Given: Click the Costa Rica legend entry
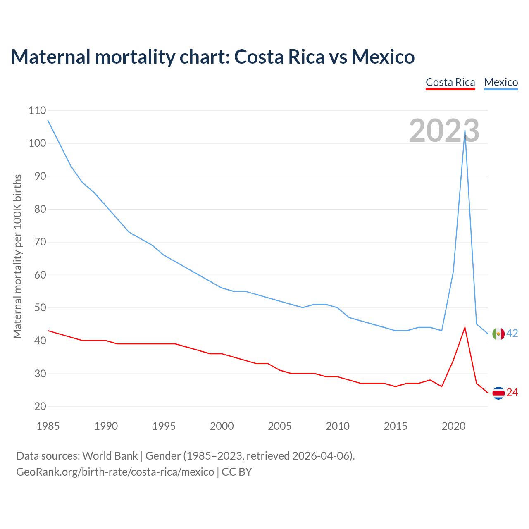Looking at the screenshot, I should [450, 82].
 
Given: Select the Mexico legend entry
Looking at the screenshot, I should [501, 82].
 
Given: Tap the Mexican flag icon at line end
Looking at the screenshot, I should [498, 334].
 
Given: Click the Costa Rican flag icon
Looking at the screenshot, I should [498, 393].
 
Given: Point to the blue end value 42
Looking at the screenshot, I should [512, 333].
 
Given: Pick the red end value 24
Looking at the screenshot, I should [512, 392].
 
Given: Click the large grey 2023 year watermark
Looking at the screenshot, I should [444, 131].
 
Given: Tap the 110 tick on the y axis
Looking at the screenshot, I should [37, 110].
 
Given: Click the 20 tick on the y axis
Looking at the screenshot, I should [40, 406].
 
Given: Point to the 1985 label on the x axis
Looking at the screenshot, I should [48, 426].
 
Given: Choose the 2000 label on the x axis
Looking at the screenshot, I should [222, 426].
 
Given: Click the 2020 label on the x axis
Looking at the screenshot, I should [454, 426].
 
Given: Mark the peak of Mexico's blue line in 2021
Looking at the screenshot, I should [465, 131].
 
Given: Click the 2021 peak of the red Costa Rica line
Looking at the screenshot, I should [465, 327].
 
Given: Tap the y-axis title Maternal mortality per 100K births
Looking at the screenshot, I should [17, 256].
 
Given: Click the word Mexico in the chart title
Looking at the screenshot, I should [383, 57].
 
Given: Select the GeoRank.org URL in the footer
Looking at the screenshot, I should [115, 472].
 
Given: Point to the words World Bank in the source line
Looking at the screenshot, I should [110, 455].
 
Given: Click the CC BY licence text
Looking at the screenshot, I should [237, 472].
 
